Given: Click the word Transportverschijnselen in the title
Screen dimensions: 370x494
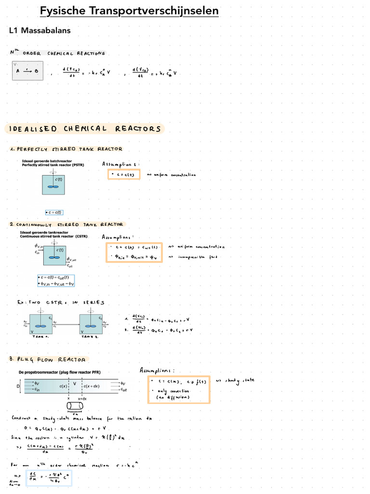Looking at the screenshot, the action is coord(155,11).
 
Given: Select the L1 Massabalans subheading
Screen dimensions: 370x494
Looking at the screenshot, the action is coord(40,30).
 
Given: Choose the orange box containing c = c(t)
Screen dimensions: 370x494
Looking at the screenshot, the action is coord(124,175).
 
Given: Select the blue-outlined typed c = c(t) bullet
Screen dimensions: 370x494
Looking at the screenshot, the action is coord(54,212).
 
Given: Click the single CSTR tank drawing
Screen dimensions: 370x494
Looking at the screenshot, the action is coord(55,255).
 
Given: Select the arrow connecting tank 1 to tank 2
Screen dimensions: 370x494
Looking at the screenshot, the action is coord(66,324).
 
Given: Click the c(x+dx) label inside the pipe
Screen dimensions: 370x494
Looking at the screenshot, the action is coord(92,386).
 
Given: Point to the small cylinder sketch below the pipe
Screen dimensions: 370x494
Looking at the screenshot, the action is coord(74,405).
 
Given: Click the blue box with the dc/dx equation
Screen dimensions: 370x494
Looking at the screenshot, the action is coord(49,478).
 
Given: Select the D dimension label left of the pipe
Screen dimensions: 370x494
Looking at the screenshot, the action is coord(18,386).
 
